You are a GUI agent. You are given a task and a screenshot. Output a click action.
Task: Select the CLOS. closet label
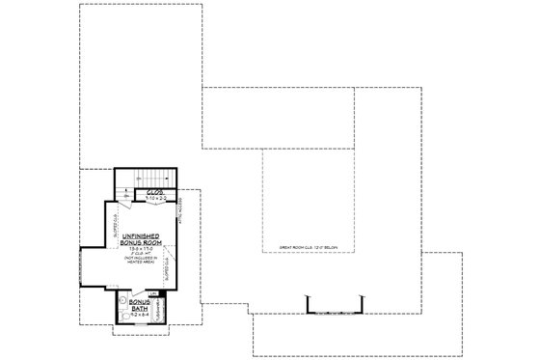click(155, 192)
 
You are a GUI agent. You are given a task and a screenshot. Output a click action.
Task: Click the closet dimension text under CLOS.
click(155, 199)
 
